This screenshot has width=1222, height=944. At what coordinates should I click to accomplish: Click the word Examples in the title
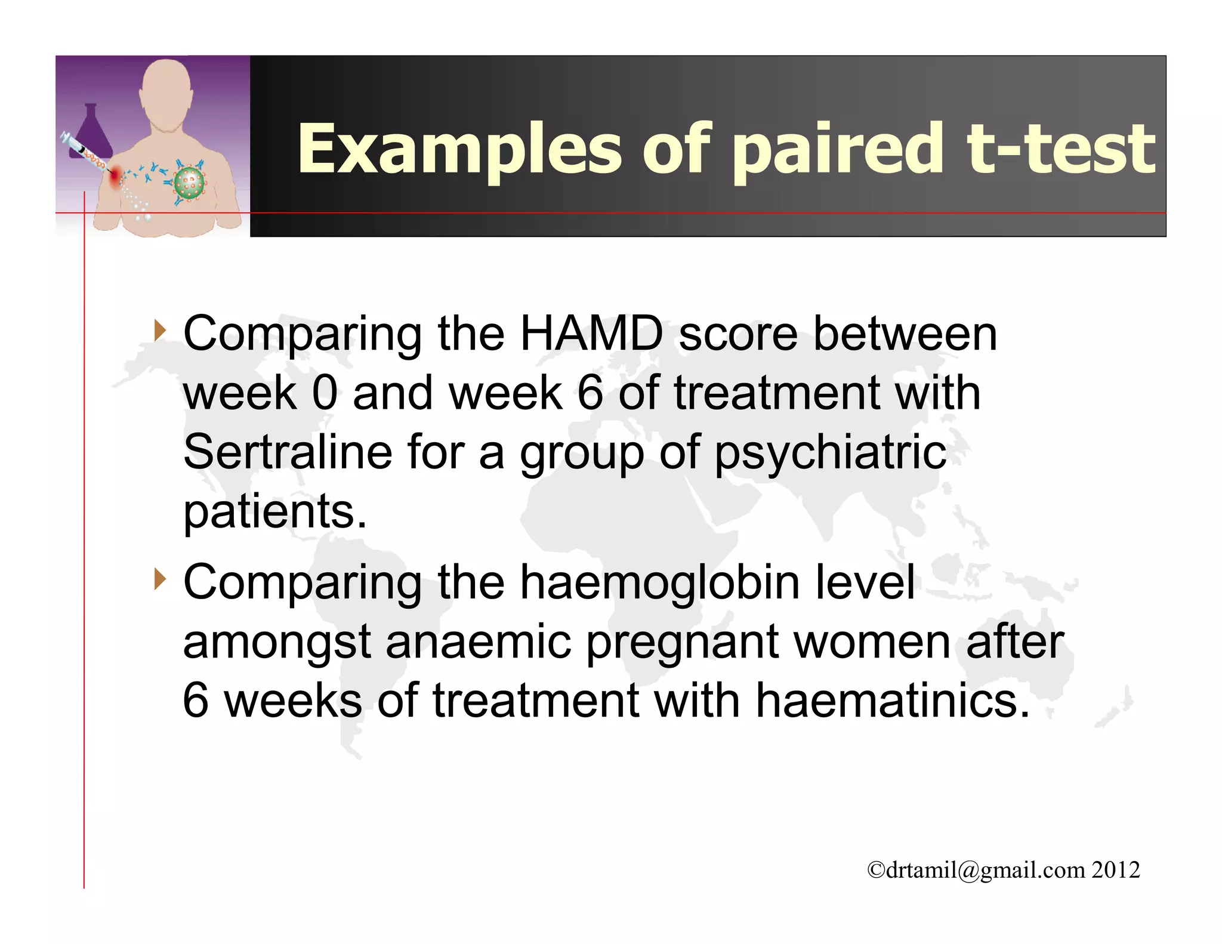(459, 149)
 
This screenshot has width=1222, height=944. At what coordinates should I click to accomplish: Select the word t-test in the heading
(1060, 149)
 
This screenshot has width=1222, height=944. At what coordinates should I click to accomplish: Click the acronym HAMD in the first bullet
(591, 334)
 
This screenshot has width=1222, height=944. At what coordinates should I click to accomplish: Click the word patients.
(274, 512)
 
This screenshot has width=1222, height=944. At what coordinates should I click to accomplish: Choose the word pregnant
(683, 643)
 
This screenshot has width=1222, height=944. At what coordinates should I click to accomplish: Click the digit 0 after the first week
(325, 393)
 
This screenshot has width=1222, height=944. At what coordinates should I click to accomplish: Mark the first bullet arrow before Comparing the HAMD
(159, 330)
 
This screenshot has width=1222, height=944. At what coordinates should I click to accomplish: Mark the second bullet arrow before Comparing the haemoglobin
(159, 579)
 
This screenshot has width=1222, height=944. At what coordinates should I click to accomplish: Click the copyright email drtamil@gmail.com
(985, 870)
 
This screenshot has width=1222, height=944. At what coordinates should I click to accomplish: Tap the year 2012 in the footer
(1116, 870)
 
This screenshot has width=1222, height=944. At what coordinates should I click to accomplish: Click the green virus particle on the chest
(189, 183)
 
